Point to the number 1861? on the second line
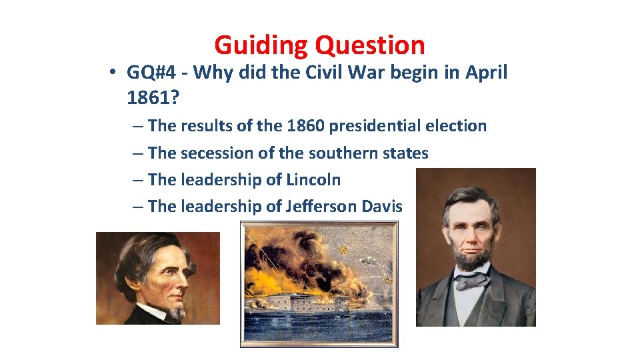151,98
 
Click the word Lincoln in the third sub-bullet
313,179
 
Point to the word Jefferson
321,206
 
